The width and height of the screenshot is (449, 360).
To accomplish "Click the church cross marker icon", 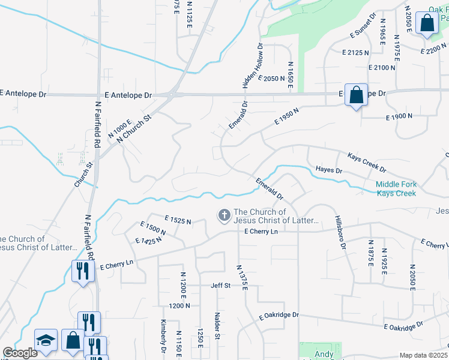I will [224, 215].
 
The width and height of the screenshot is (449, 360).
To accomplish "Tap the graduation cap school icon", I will [46, 340].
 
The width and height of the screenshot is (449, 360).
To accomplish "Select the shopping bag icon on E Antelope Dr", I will [356, 95].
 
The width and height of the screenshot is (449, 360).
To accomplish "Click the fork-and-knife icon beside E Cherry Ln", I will [81, 270].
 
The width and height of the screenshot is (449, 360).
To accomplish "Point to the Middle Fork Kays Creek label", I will [396, 189].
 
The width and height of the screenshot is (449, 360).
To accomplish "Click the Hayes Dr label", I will [328, 171].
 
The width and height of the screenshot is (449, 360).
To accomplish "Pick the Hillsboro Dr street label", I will [340, 233].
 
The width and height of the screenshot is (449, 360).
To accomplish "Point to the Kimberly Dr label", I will [163, 334].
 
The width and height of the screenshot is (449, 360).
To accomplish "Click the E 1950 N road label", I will [287, 116].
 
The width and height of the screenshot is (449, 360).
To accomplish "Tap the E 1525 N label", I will [177, 221].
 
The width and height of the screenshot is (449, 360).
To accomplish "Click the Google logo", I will [20, 353].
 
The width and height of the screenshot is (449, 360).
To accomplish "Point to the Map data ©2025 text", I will [423, 355].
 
